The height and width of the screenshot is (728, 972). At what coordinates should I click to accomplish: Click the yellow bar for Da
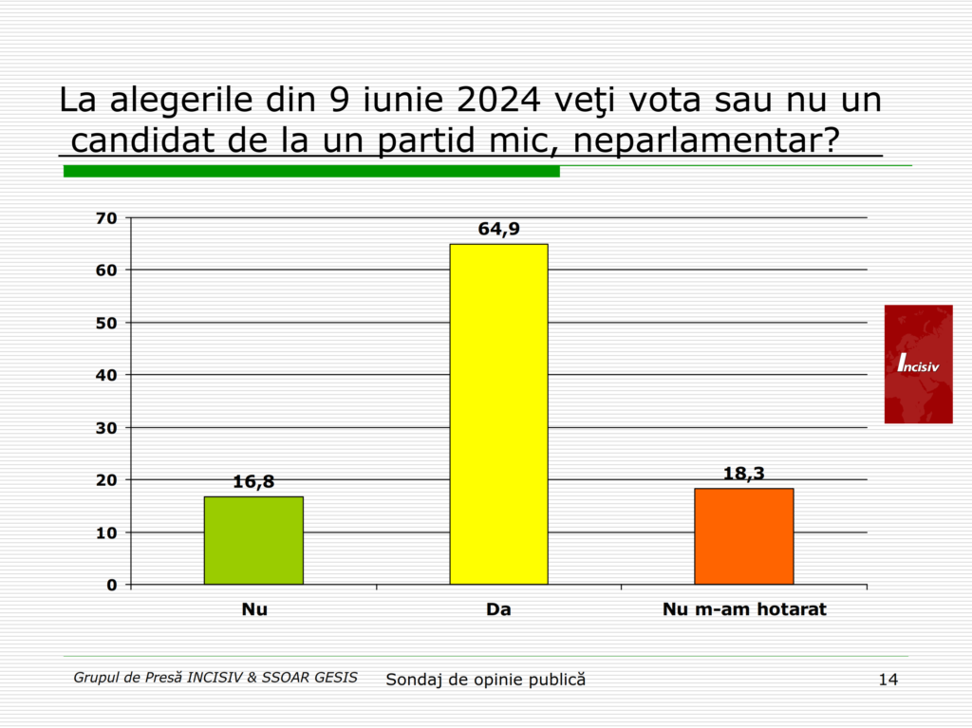498,414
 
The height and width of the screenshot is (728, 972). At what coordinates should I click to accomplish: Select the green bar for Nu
253,540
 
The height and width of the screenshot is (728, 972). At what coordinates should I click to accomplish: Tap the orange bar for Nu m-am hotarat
743,536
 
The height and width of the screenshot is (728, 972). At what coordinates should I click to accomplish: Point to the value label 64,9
498,229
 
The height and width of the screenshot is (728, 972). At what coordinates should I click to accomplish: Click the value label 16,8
253,481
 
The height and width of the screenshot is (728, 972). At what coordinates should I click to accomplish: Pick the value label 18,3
743,474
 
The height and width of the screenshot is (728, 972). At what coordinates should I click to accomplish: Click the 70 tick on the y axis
106,218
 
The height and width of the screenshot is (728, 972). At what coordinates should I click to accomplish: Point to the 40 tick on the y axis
106,375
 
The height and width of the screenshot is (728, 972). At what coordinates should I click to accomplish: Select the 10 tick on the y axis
106,532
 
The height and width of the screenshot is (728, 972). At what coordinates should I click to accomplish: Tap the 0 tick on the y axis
112,585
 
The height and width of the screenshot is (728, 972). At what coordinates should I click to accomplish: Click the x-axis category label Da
498,609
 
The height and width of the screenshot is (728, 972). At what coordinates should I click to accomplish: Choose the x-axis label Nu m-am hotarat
743,609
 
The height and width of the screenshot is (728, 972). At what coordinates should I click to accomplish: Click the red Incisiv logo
918,364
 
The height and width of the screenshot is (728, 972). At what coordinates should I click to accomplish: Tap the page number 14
888,679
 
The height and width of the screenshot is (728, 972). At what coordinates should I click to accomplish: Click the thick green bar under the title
311,171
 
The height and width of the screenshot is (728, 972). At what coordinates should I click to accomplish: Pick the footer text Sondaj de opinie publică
485,680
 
